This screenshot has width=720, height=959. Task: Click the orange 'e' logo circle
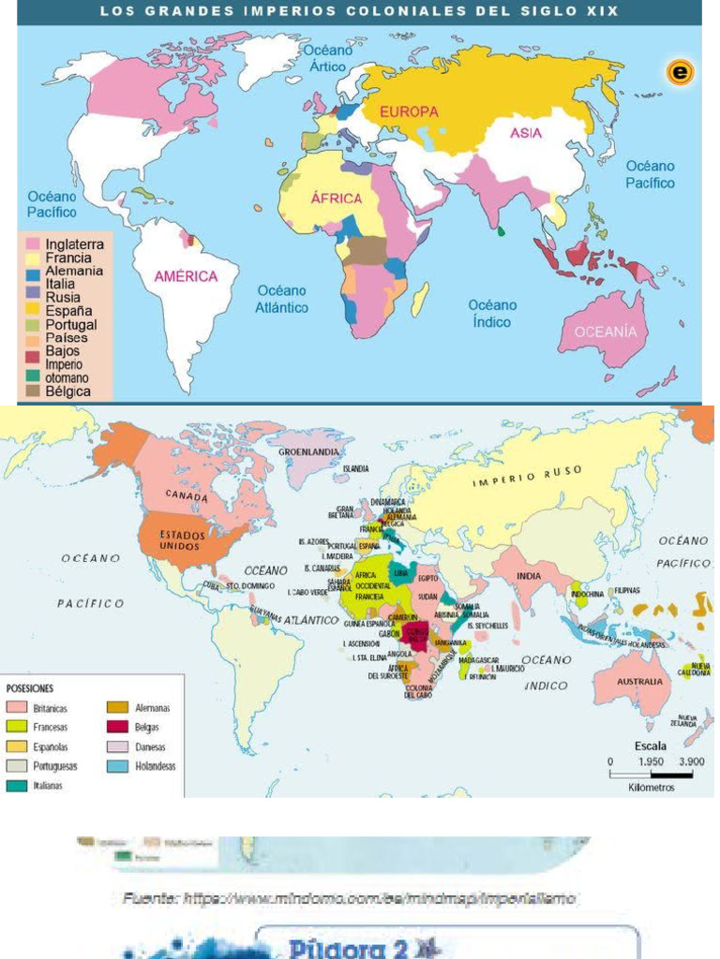point(679,73)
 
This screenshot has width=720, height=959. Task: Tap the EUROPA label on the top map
point(409,111)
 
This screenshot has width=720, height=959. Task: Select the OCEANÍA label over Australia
point(605,332)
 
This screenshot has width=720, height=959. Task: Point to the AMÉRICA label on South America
point(187,276)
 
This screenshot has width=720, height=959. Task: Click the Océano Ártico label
point(327,57)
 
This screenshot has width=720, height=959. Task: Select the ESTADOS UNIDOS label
point(180,539)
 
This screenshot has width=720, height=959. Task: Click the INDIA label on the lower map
point(529,576)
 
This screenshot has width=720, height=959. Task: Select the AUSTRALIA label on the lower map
point(639,682)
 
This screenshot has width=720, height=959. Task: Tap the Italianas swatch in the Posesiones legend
point(17,786)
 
